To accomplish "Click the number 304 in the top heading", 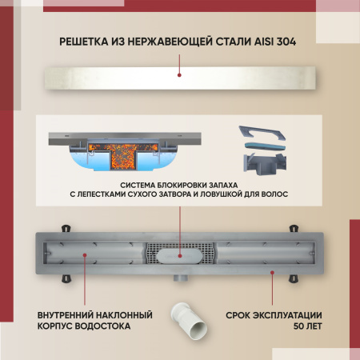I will [283, 42].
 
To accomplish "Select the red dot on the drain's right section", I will [272, 272].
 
